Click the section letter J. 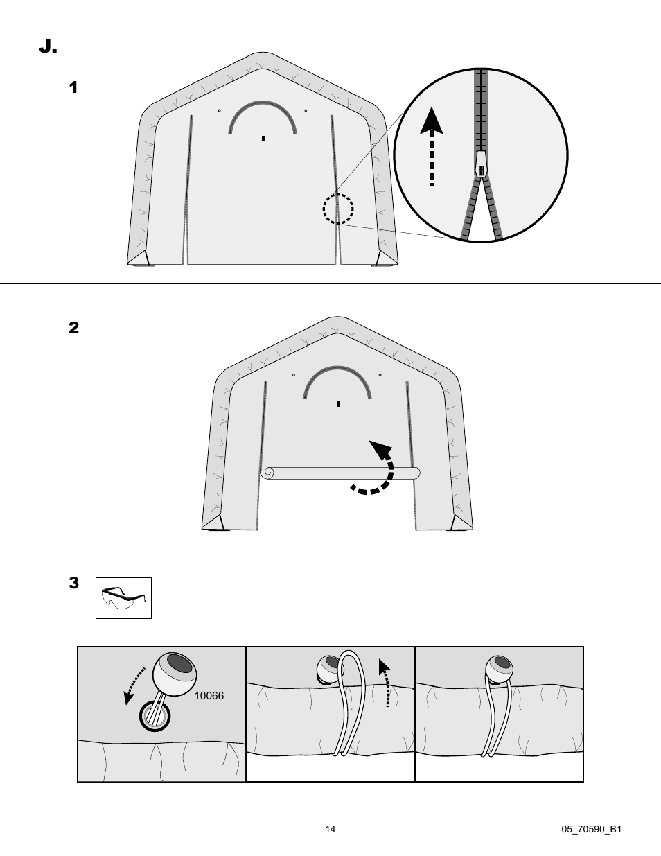[48, 46]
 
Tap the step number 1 [73, 87]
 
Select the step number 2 [73, 327]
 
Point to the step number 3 [73, 583]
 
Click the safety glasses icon [123, 598]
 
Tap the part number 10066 [209, 696]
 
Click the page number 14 [330, 829]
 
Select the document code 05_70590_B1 [591, 829]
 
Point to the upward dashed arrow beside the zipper [432, 146]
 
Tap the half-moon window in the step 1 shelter [263, 119]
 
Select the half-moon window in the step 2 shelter [337, 383]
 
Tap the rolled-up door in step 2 [340, 473]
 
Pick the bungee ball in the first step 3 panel [175, 674]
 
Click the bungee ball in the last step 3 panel [499, 670]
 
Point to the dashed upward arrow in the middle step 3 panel [386, 683]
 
